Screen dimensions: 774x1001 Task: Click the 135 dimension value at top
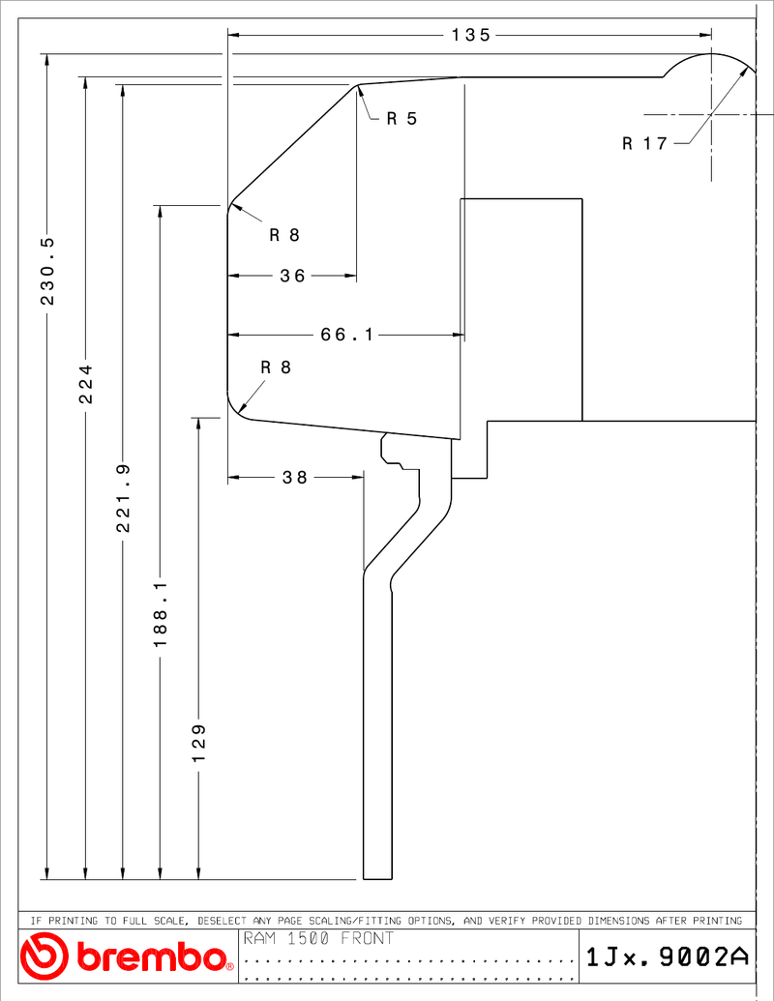tap(470, 35)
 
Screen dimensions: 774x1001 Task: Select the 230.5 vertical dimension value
tap(48, 271)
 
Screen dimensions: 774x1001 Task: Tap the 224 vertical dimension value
tap(85, 384)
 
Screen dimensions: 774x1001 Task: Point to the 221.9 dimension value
tap(123, 498)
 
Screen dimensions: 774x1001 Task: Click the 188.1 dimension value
tap(161, 613)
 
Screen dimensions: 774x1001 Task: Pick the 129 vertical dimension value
tap(198, 743)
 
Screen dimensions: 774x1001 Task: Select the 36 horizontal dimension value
tap(292, 276)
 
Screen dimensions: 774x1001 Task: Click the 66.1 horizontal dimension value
tap(346, 335)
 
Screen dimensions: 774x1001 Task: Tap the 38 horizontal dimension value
tap(295, 477)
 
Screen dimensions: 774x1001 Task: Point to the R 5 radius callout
tap(402, 118)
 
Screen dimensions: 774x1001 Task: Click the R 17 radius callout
tap(645, 143)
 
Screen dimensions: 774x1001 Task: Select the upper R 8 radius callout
tap(284, 235)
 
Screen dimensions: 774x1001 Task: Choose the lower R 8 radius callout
tap(276, 368)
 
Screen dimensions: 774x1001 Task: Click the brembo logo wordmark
tap(153, 957)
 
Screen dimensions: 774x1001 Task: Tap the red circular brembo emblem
tap(44, 956)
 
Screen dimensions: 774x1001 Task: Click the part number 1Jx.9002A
tap(667, 957)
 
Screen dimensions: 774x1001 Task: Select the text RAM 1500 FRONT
tap(318, 938)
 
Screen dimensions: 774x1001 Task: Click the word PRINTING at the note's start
tap(73, 921)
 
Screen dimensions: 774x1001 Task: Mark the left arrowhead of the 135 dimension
tap(234, 35)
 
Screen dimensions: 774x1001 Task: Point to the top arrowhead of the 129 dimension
tap(198, 425)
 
